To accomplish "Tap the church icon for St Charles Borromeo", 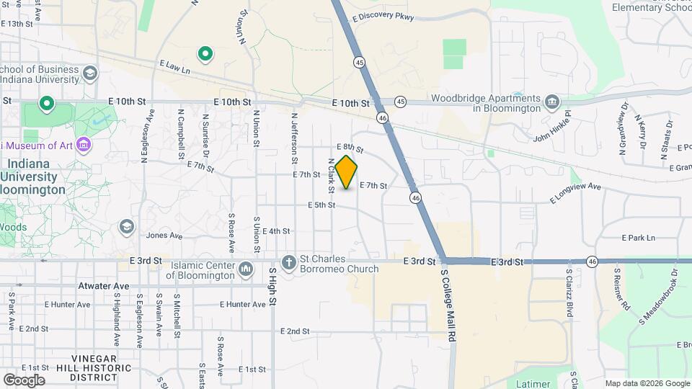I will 289,261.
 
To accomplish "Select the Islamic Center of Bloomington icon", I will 246,269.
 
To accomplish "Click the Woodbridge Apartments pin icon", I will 552,100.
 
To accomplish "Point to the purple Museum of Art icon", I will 83,145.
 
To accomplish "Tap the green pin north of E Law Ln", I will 205,53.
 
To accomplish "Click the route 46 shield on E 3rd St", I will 592,261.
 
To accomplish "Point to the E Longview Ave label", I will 575,192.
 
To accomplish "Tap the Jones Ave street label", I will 164,235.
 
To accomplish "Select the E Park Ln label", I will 639,238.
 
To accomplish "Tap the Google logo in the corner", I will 24,380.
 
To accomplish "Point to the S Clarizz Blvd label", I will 569,295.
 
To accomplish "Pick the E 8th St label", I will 349,148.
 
